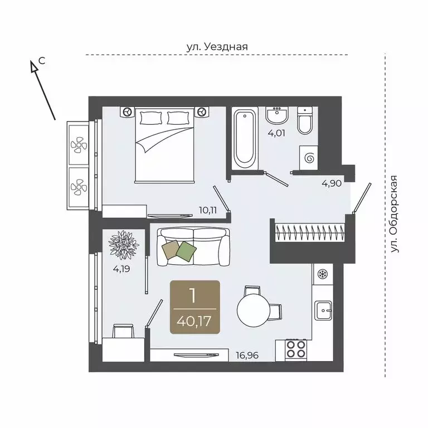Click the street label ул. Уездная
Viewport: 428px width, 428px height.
(217, 47)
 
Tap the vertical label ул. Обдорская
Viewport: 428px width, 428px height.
(393, 214)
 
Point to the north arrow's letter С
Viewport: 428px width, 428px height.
(42, 61)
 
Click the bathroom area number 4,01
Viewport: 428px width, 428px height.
(276, 133)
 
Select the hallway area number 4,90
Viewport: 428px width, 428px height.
(332, 183)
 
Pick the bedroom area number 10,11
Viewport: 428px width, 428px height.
(208, 210)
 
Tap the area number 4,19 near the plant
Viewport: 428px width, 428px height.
(121, 269)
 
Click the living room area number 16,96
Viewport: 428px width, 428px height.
(247, 356)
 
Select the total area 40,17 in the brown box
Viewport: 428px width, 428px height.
(194, 321)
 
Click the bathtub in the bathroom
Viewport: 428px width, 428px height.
(245, 139)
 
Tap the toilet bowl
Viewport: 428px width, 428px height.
(305, 120)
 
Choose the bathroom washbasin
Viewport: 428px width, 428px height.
(277, 115)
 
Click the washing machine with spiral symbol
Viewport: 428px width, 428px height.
(309, 158)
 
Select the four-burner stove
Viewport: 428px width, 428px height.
(296, 349)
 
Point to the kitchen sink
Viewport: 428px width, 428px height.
(323, 310)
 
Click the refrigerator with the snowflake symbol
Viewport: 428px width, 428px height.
(322, 274)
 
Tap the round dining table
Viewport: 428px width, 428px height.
(254, 310)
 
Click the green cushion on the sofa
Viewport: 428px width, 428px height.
(186, 251)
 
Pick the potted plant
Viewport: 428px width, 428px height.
(124, 244)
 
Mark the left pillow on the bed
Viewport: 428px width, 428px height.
(149, 118)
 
